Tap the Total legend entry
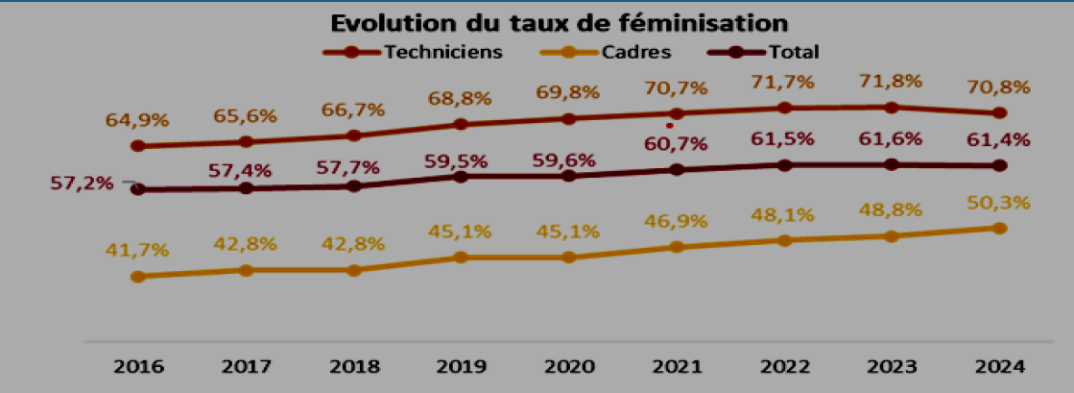click(x=793, y=52)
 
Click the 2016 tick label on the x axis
click(x=137, y=367)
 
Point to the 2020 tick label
click(x=568, y=367)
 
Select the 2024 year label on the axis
click(x=999, y=367)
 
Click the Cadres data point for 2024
click(x=999, y=229)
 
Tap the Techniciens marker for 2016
click(x=137, y=146)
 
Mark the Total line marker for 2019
click(x=461, y=177)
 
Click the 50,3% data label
click(x=999, y=203)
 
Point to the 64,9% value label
click(x=137, y=121)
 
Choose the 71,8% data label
click(x=892, y=81)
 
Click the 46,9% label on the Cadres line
click(x=677, y=222)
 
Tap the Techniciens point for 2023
click(x=892, y=107)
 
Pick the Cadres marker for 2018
click(x=353, y=270)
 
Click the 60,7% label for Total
click(x=677, y=145)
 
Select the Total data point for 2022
click(x=784, y=165)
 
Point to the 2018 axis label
click(x=353, y=367)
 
